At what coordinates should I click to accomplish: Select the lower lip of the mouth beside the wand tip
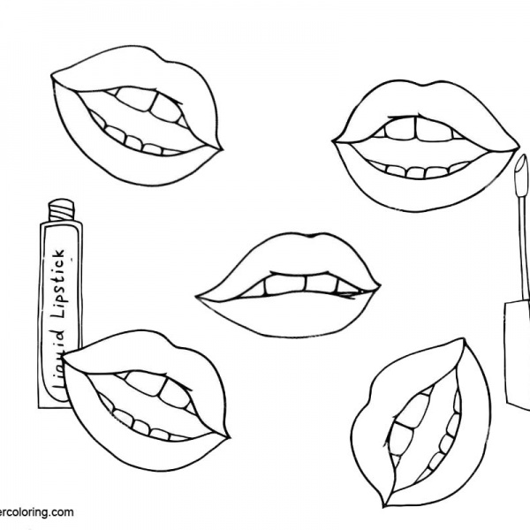424,190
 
